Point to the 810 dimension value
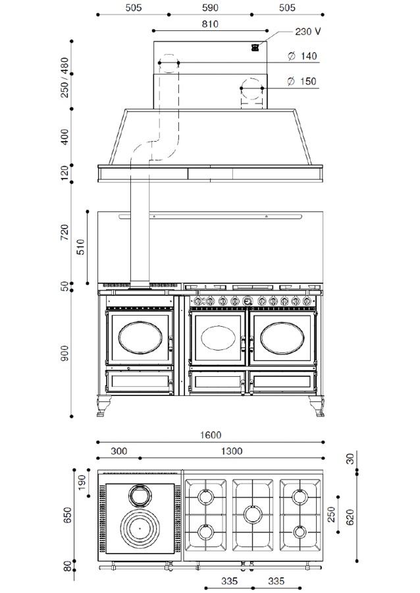coord(210,24)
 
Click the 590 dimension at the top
coord(210,7)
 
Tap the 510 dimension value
coord(80,247)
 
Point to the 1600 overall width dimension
coord(211,435)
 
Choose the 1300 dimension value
coord(231,451)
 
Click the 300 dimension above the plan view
coord(118,451)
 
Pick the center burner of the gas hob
coord(252,513)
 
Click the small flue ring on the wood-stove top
coord(139,494)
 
